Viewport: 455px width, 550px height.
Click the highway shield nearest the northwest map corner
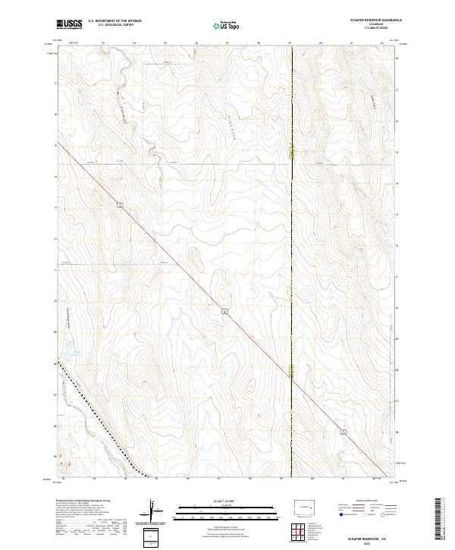(121, 205)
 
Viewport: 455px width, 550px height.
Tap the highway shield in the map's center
(224, 311)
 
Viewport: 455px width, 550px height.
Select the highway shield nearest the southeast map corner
(344, 432)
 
